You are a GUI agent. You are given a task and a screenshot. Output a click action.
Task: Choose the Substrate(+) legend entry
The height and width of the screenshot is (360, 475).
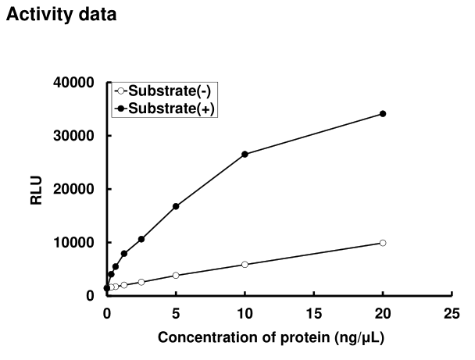165,106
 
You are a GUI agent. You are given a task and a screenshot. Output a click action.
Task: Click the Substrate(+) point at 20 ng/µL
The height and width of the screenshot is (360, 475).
383,113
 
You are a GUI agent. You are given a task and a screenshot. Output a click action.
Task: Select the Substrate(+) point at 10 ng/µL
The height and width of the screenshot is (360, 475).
245,154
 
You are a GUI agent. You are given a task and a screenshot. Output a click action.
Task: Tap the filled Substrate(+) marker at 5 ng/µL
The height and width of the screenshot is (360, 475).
176,206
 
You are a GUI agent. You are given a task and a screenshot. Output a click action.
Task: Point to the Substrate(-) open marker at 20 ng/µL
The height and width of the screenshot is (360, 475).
383,243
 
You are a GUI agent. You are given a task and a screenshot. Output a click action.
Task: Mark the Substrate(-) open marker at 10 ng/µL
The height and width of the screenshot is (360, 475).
245,265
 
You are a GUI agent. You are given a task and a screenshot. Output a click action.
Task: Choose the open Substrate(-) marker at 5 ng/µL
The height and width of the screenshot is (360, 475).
176,275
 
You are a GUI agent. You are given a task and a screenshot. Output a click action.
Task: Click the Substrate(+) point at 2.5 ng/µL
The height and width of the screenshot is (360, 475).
141,239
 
